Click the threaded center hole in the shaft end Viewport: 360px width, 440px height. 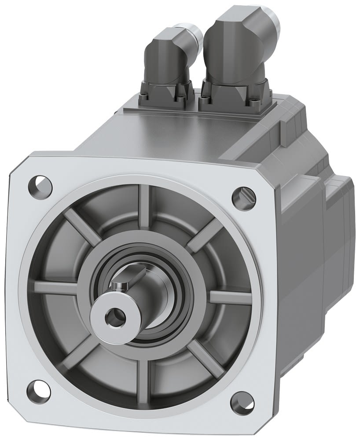click(116, 315)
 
